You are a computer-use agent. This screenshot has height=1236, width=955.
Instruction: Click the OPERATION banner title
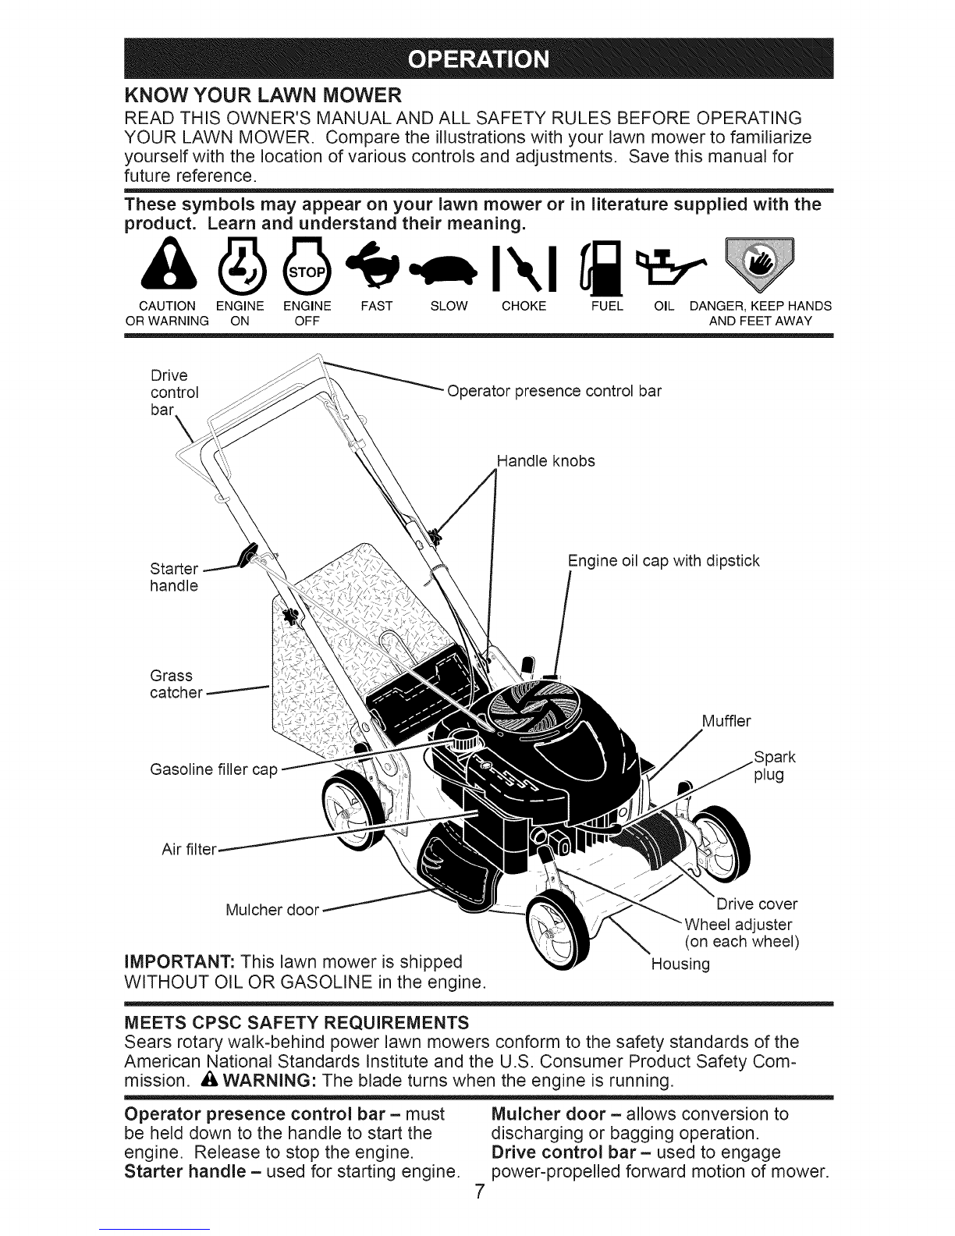[478, 59]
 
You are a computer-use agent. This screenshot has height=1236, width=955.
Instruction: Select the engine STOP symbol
[307, 265]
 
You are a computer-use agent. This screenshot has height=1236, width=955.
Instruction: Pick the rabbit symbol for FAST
[375, 265]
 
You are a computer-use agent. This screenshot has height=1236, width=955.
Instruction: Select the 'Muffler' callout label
[726, 721]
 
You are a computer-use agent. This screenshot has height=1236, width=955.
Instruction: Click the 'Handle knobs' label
[546, 460]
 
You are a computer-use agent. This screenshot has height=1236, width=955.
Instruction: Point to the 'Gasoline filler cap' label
[214, 769]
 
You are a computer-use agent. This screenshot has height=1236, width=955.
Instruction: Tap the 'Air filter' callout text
[189, 849]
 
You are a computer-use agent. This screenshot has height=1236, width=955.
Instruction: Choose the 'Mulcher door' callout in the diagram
[272, 910]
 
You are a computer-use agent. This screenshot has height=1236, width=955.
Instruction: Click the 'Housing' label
[681, 964]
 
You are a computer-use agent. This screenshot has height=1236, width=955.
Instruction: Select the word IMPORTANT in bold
[179, 962]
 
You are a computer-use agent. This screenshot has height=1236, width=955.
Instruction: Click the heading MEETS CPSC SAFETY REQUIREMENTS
[296, 1023]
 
